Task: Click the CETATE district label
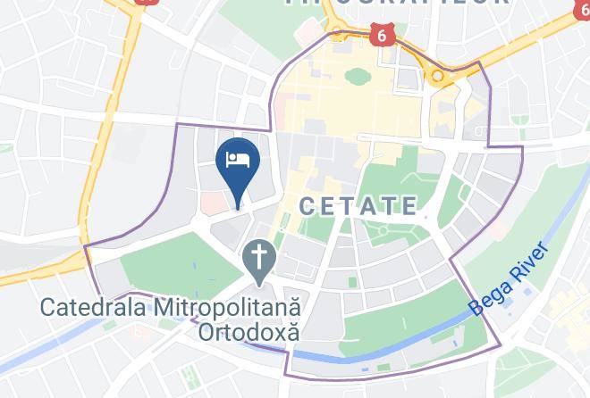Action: coord(358,206)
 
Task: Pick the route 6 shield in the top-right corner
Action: coord(581,12)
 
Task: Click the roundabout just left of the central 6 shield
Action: coord(338,34)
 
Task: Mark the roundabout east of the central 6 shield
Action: coord(437,77)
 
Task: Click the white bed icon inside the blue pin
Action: coord(238,159)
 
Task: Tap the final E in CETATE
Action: coord(409,206)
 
